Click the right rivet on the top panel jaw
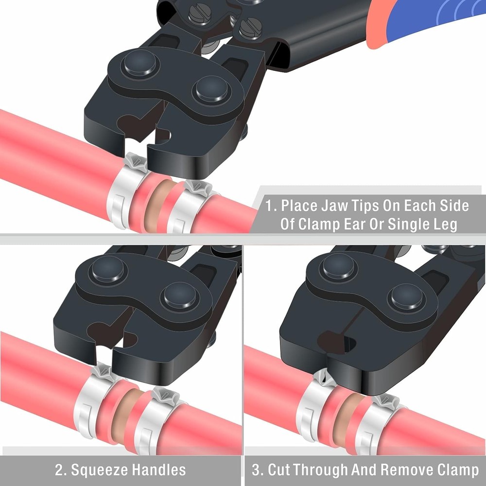click(x=210, y=90)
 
